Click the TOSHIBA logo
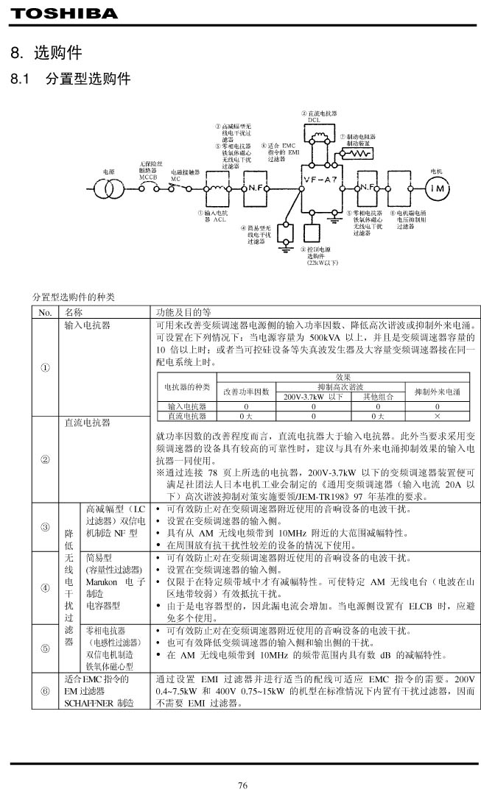tap(64, 14)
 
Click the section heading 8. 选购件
tap(46, 54)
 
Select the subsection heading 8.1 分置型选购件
tap(70, 78)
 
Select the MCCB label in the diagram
tap(148, 177)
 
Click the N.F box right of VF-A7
tap(369, 188)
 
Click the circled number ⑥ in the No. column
tap(46, 691)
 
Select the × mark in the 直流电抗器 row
tap(437, 416)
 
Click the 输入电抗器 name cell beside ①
tap(87, 324)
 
